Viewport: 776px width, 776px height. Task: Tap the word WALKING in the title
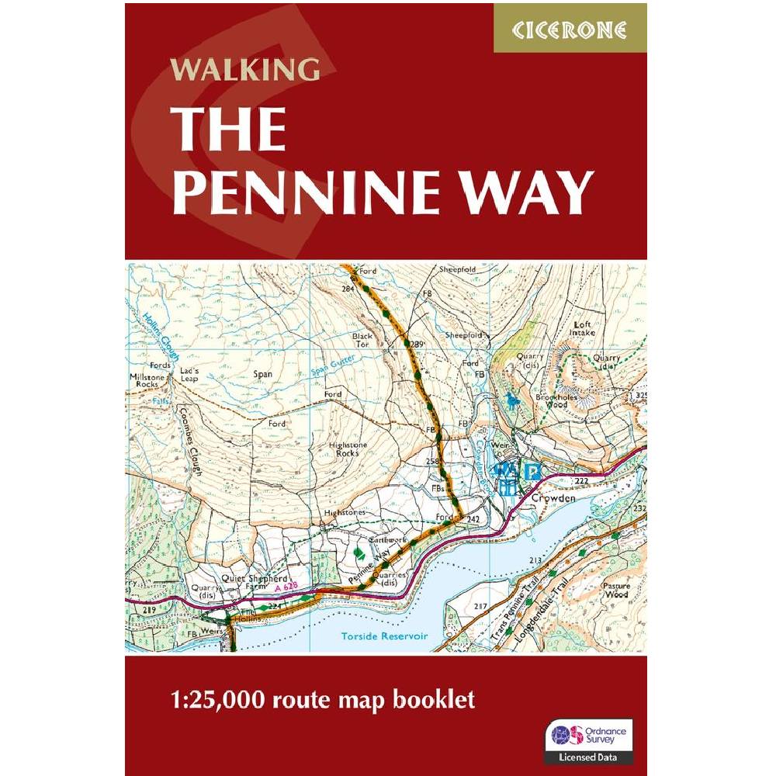tap(245, 69)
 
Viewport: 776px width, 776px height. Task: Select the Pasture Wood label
tap(616, 591)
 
